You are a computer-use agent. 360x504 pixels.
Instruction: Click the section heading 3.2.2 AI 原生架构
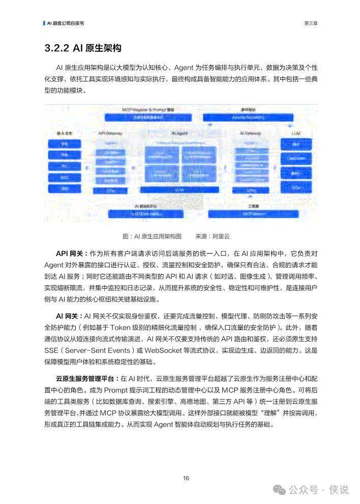(x=83, y=48)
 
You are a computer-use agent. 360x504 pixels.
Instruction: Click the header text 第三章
(x=311, y=23)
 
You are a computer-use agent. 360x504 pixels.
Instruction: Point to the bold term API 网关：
(x=72, y=253)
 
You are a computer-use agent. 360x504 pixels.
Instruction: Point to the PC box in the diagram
(x=65, y=167)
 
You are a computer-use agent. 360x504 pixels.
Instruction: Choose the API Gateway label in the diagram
(x=110, y=133)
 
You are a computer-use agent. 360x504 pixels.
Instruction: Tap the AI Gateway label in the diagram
(x=250, y=133)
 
